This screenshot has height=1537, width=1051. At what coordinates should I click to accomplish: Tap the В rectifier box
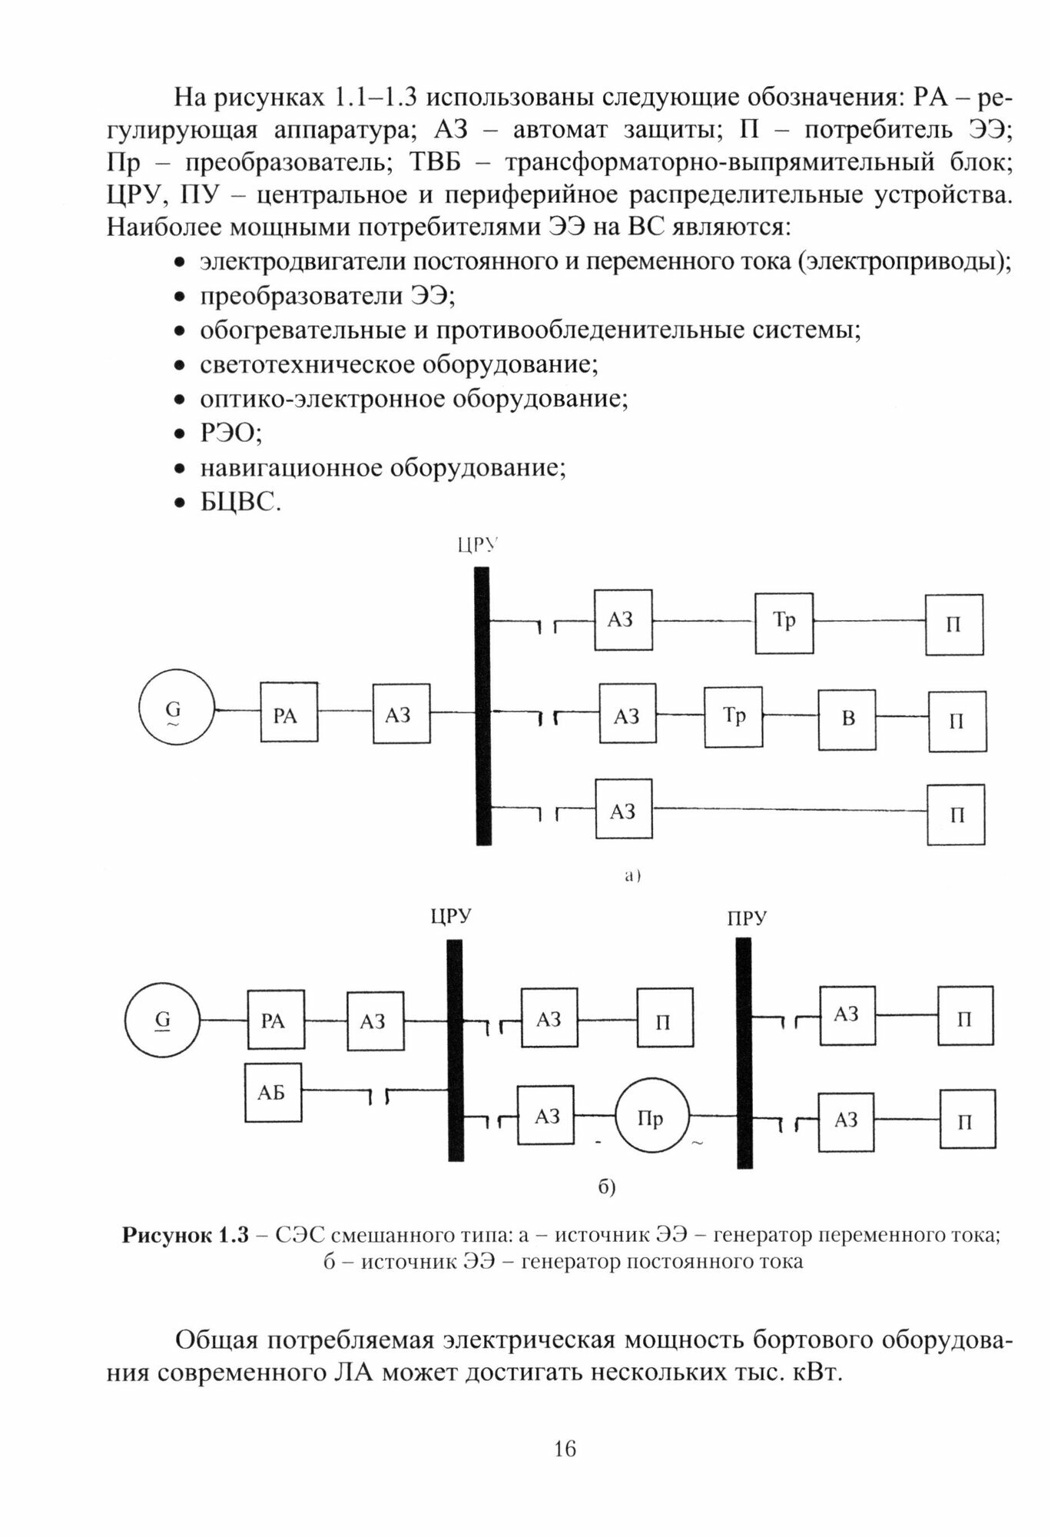coord(847,719)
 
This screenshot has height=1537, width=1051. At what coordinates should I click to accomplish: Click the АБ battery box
coord(273,1092)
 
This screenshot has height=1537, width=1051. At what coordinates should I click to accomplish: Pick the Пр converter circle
coord(651,1117)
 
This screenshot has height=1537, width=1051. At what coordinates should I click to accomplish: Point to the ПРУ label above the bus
coord(746,918)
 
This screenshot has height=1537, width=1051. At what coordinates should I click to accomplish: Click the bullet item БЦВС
coord(240,503)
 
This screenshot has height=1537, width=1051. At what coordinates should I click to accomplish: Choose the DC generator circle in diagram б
coord(163,1021)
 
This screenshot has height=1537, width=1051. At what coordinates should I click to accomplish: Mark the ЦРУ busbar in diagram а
coord(482,705)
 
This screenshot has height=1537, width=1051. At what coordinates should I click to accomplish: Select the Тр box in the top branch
coord(784,622)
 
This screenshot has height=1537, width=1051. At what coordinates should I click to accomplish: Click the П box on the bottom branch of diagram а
coord(956,815)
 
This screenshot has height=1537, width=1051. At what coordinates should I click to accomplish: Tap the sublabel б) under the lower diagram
coord(607,1187)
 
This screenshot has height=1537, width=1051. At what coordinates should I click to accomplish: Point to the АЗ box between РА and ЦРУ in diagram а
coord(401,715)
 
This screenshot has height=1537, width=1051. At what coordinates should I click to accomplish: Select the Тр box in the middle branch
coord(734,718)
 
